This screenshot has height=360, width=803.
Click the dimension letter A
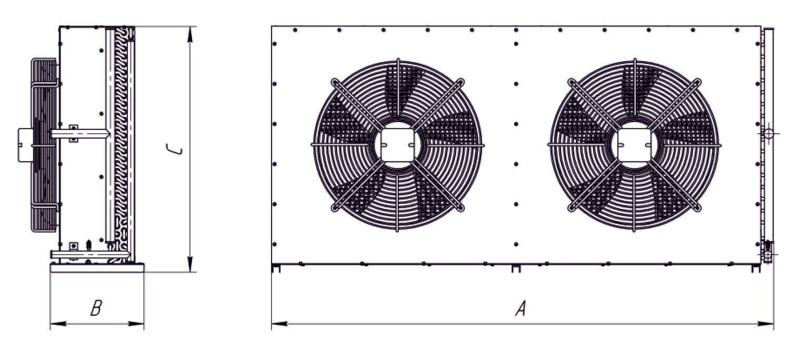pyautogui.click(x=521, y=308)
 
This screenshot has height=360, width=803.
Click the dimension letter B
pyautogui.click(x=96, y=308)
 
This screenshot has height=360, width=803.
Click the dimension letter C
pyautogui.click(x=174, y=149)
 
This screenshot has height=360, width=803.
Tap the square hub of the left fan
pyautogui.click(x=398, y=145)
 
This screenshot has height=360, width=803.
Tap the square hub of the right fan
pyautogui.click(x=635, y=145)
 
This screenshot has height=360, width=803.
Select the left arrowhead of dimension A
pyautogui.click(x=279, y=324)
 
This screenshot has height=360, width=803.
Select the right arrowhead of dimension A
pyautogui.click(x=765, y=324)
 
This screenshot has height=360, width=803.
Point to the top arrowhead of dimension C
pyautogui.click(x=190, y=34)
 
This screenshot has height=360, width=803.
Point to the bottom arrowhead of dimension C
pyautogui.click(x=190, y=264)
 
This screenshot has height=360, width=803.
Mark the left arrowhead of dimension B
pyautogui.click(x=58, y=324)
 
